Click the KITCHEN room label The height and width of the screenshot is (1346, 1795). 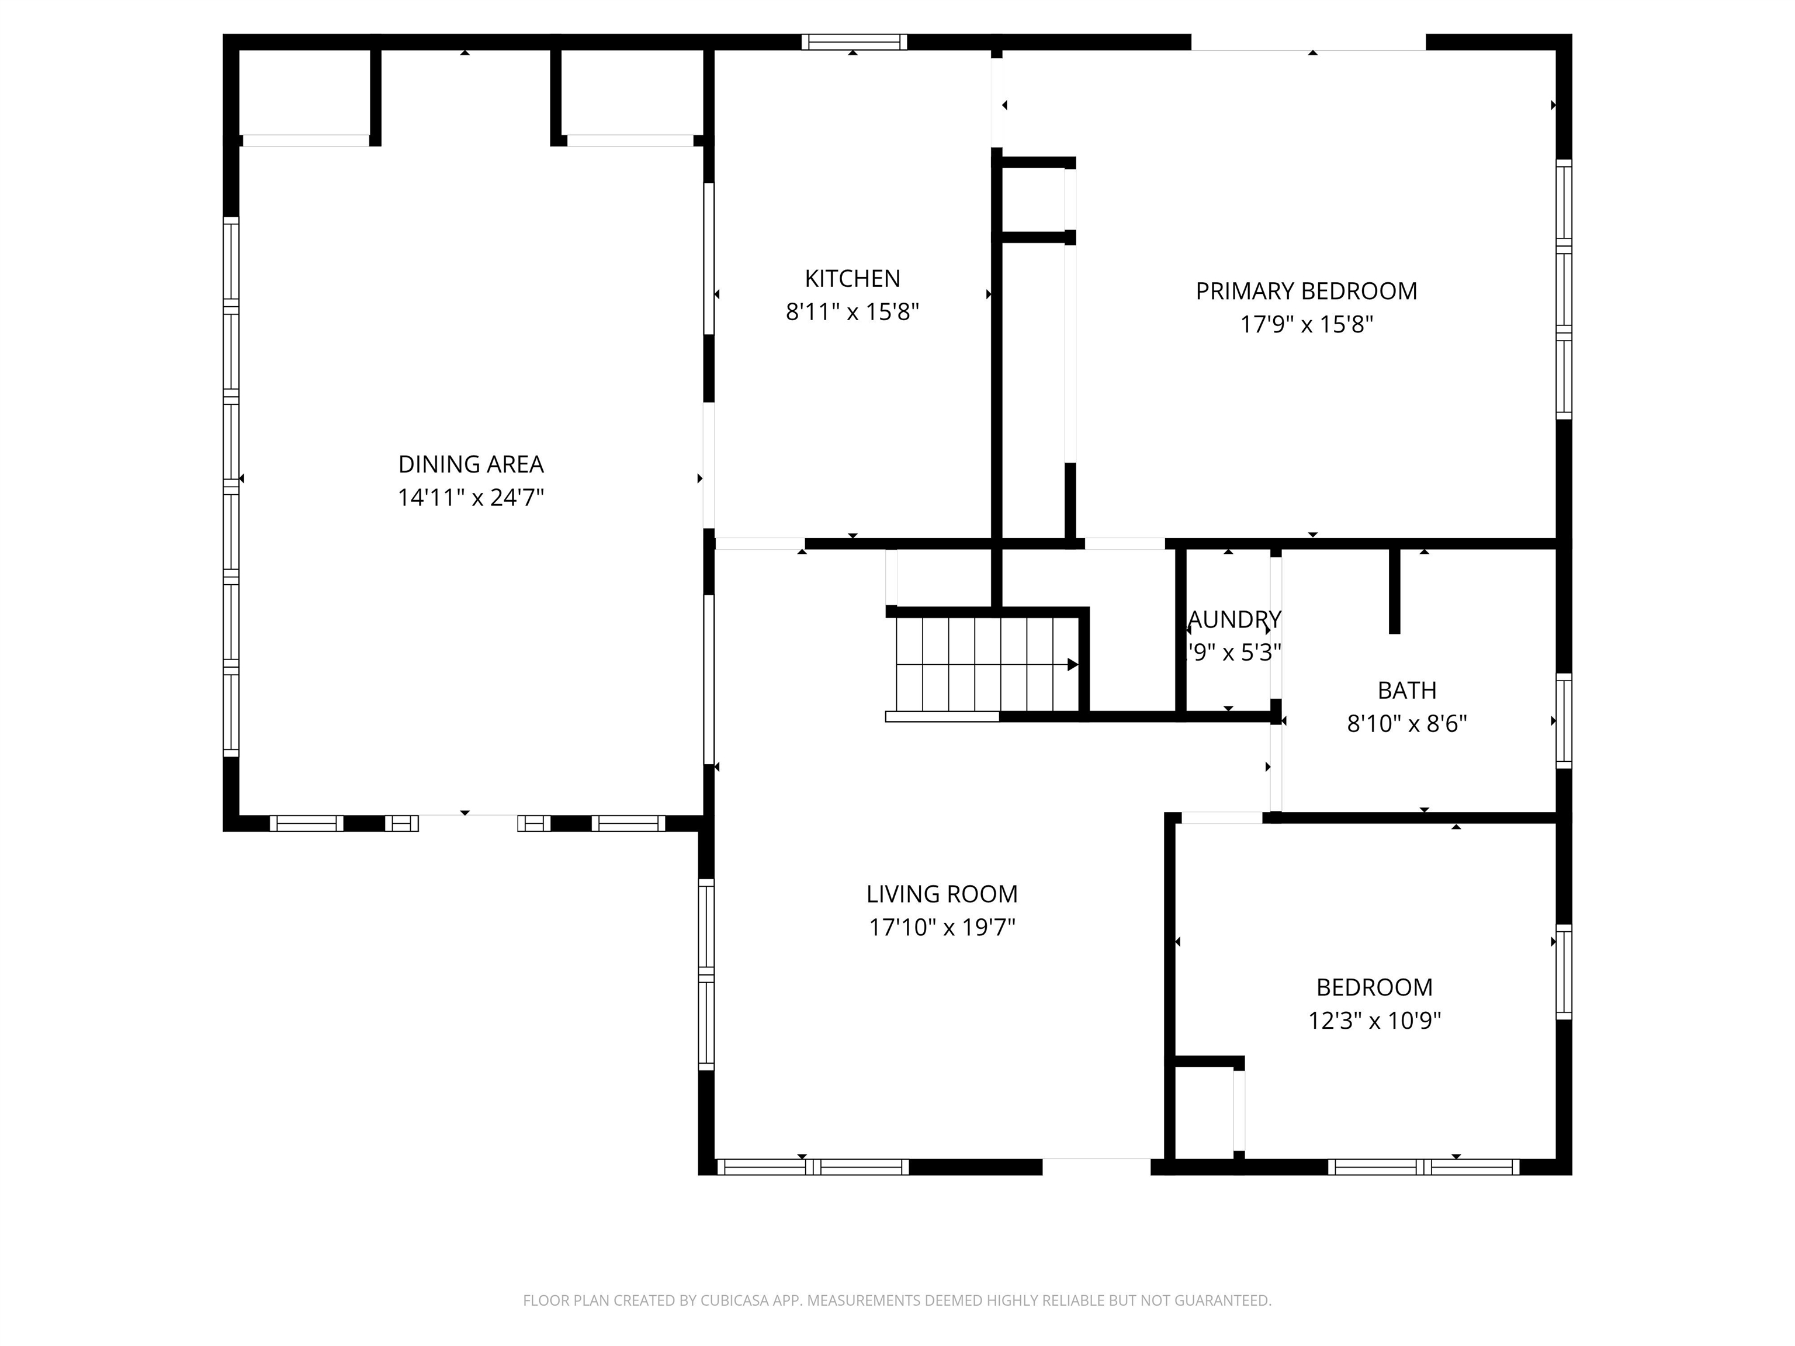click(852, 278)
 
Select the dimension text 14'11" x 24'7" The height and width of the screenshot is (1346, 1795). click(470, 497)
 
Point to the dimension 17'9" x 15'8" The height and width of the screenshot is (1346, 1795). click(1306, 325)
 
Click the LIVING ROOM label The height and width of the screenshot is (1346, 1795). click(941, 894)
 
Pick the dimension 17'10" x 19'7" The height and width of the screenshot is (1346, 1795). click(941, 927)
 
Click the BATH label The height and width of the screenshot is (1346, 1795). click(1406, 691)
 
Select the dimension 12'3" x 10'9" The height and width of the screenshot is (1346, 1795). click(1374, 1021)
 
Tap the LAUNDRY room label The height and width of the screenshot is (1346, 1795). click(1233, 620)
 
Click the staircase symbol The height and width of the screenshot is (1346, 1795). click(986, 664)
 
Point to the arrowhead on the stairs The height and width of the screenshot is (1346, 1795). click(1072, 664)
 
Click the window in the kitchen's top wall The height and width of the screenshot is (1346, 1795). click(854, 42)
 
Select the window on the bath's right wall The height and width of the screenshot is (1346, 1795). click(1563, 720)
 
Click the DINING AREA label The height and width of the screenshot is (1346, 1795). click(470, 464)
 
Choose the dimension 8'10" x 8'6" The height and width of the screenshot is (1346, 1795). click(1406, 724)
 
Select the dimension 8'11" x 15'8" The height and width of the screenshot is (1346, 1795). click(852, 311)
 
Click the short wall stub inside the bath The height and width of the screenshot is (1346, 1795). click(1394, 591)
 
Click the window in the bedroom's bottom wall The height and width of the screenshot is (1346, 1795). click(1423, 1167)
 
